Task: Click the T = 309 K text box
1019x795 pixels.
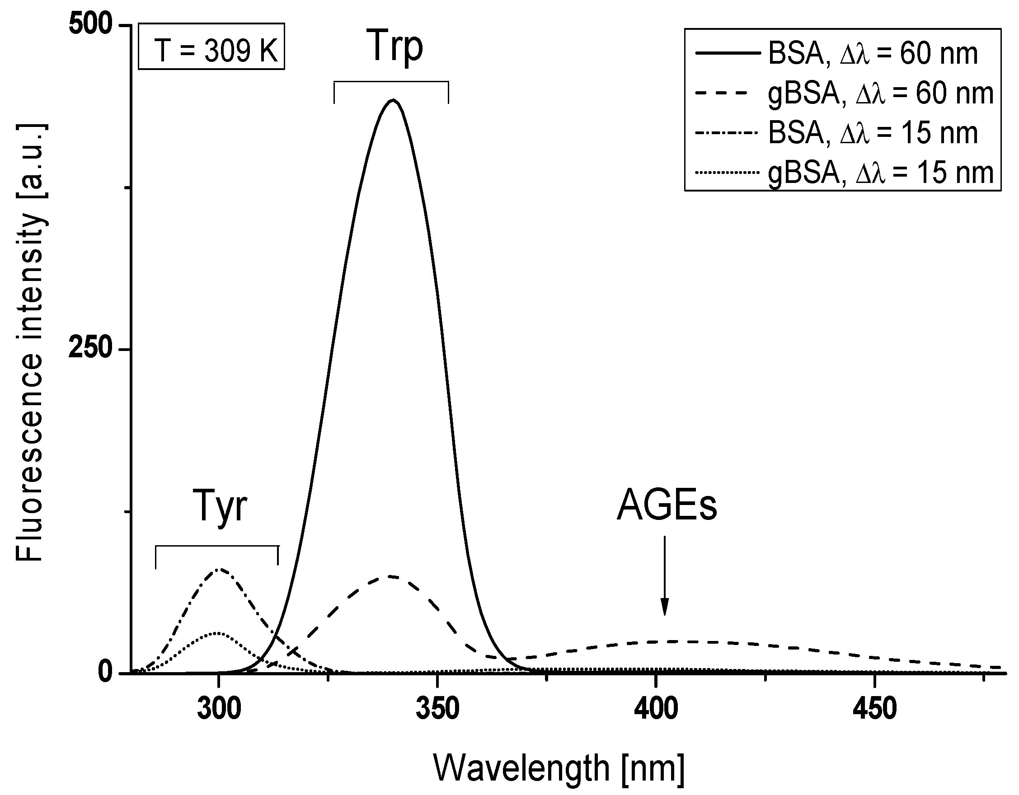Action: click(x=211, y=47)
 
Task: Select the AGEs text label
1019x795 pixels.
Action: click(x=667, y=506)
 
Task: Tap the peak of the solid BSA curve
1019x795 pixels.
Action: click(x=393, y=100)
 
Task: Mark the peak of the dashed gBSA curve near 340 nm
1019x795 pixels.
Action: click(x=391, y=576)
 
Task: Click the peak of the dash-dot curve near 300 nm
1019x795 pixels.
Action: click(x=219, y=569)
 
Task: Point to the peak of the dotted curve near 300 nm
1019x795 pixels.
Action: click(x=218, y=633)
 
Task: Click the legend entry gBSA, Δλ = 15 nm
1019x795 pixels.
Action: click(x=845, y=173)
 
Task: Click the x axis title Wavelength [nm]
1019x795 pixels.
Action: click(x=559, y=768)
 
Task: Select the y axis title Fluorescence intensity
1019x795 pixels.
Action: click(x=30, y=343)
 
